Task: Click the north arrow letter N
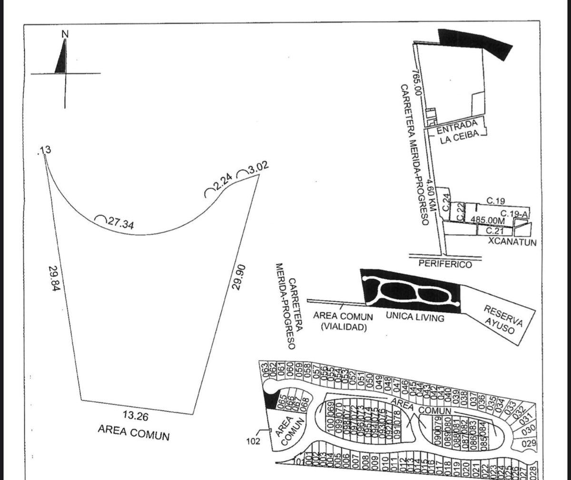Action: tap(65, 34)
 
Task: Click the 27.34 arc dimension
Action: tap(118, 223)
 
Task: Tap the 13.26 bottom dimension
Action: tap(136, 417)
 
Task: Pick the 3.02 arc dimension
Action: tap(257, 168)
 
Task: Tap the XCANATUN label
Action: tap(512, 242)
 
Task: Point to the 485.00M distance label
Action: tap(487, 220)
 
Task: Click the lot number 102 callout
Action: tap(253, 441)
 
